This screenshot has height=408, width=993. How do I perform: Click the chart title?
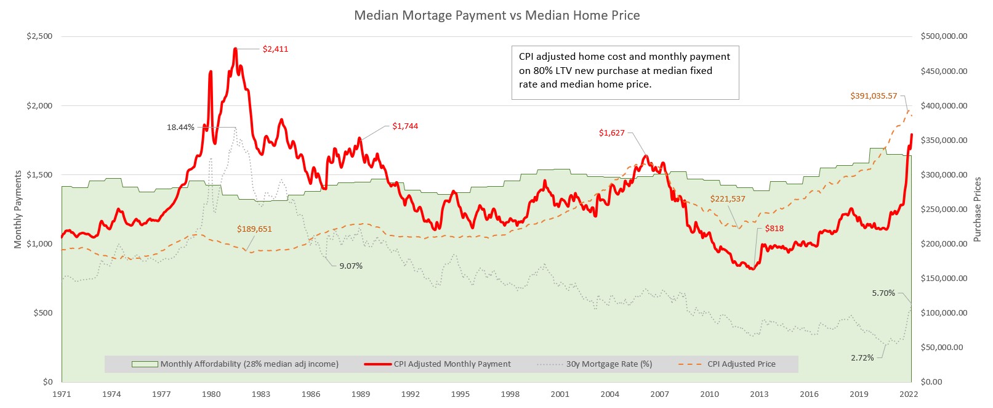coord(497,15)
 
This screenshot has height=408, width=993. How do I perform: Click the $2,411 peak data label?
coord(275,49)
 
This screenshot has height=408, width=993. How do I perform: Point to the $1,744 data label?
coord(405,126)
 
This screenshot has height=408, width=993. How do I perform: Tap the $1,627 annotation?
coord(611,133)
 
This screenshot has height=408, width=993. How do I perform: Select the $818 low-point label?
coord(774,229)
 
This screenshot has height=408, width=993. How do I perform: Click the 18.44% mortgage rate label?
coord(180,128)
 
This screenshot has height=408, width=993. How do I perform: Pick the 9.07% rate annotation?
coord(351,266)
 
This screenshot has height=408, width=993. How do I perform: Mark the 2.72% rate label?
coord(862,358)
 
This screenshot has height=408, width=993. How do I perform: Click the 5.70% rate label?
coord(883,293)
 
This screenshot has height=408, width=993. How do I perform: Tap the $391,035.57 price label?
coord(874,96)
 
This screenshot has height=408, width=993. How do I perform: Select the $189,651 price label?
coord(254,229)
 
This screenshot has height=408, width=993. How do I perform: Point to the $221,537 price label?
coord(728,199)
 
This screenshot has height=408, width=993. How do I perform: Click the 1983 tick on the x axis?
coord(261,394)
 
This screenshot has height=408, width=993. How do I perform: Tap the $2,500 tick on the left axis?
coord(39,36)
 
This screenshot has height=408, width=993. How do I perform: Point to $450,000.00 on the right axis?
coord(944,71)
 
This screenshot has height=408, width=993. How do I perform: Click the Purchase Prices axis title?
coord(977,210)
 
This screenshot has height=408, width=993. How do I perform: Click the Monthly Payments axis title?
coord(18,210)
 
